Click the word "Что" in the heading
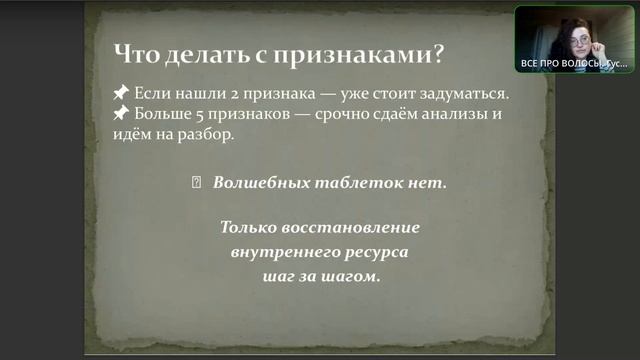point(136,53)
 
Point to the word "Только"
point(247,228)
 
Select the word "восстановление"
point(347,228)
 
